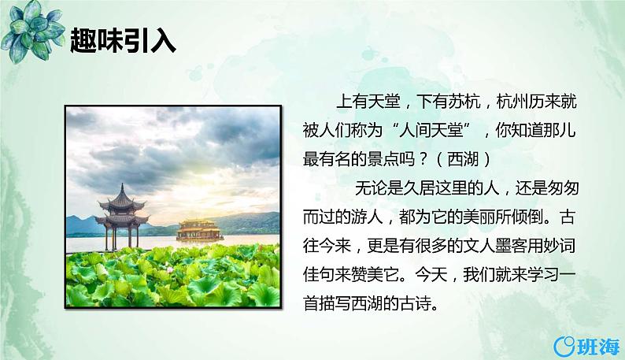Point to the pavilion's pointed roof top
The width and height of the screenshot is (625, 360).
pos(122,187)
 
